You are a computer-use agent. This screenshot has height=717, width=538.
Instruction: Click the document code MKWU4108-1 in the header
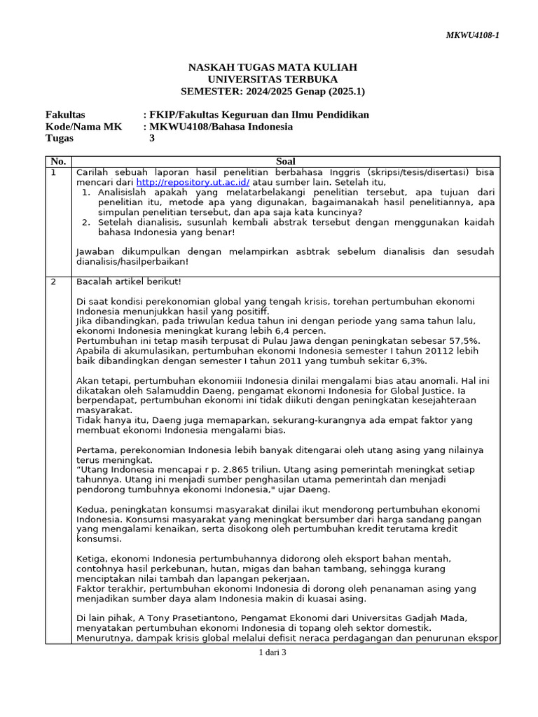[x=473, y=35]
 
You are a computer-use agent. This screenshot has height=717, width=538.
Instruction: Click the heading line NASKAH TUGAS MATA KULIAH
[x=273, y=67]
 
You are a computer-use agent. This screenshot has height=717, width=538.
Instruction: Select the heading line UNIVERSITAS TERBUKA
[x=273, y=79]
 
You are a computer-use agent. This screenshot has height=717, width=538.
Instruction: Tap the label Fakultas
[x=65, y=115]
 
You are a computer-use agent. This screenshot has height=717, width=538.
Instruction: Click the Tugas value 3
[x=152, y=139]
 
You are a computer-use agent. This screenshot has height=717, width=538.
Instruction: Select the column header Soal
[x=286, y=161]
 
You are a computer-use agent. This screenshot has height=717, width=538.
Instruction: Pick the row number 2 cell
[x=54, y=281]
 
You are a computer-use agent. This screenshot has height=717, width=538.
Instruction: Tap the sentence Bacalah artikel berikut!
[x=129, y=281]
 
